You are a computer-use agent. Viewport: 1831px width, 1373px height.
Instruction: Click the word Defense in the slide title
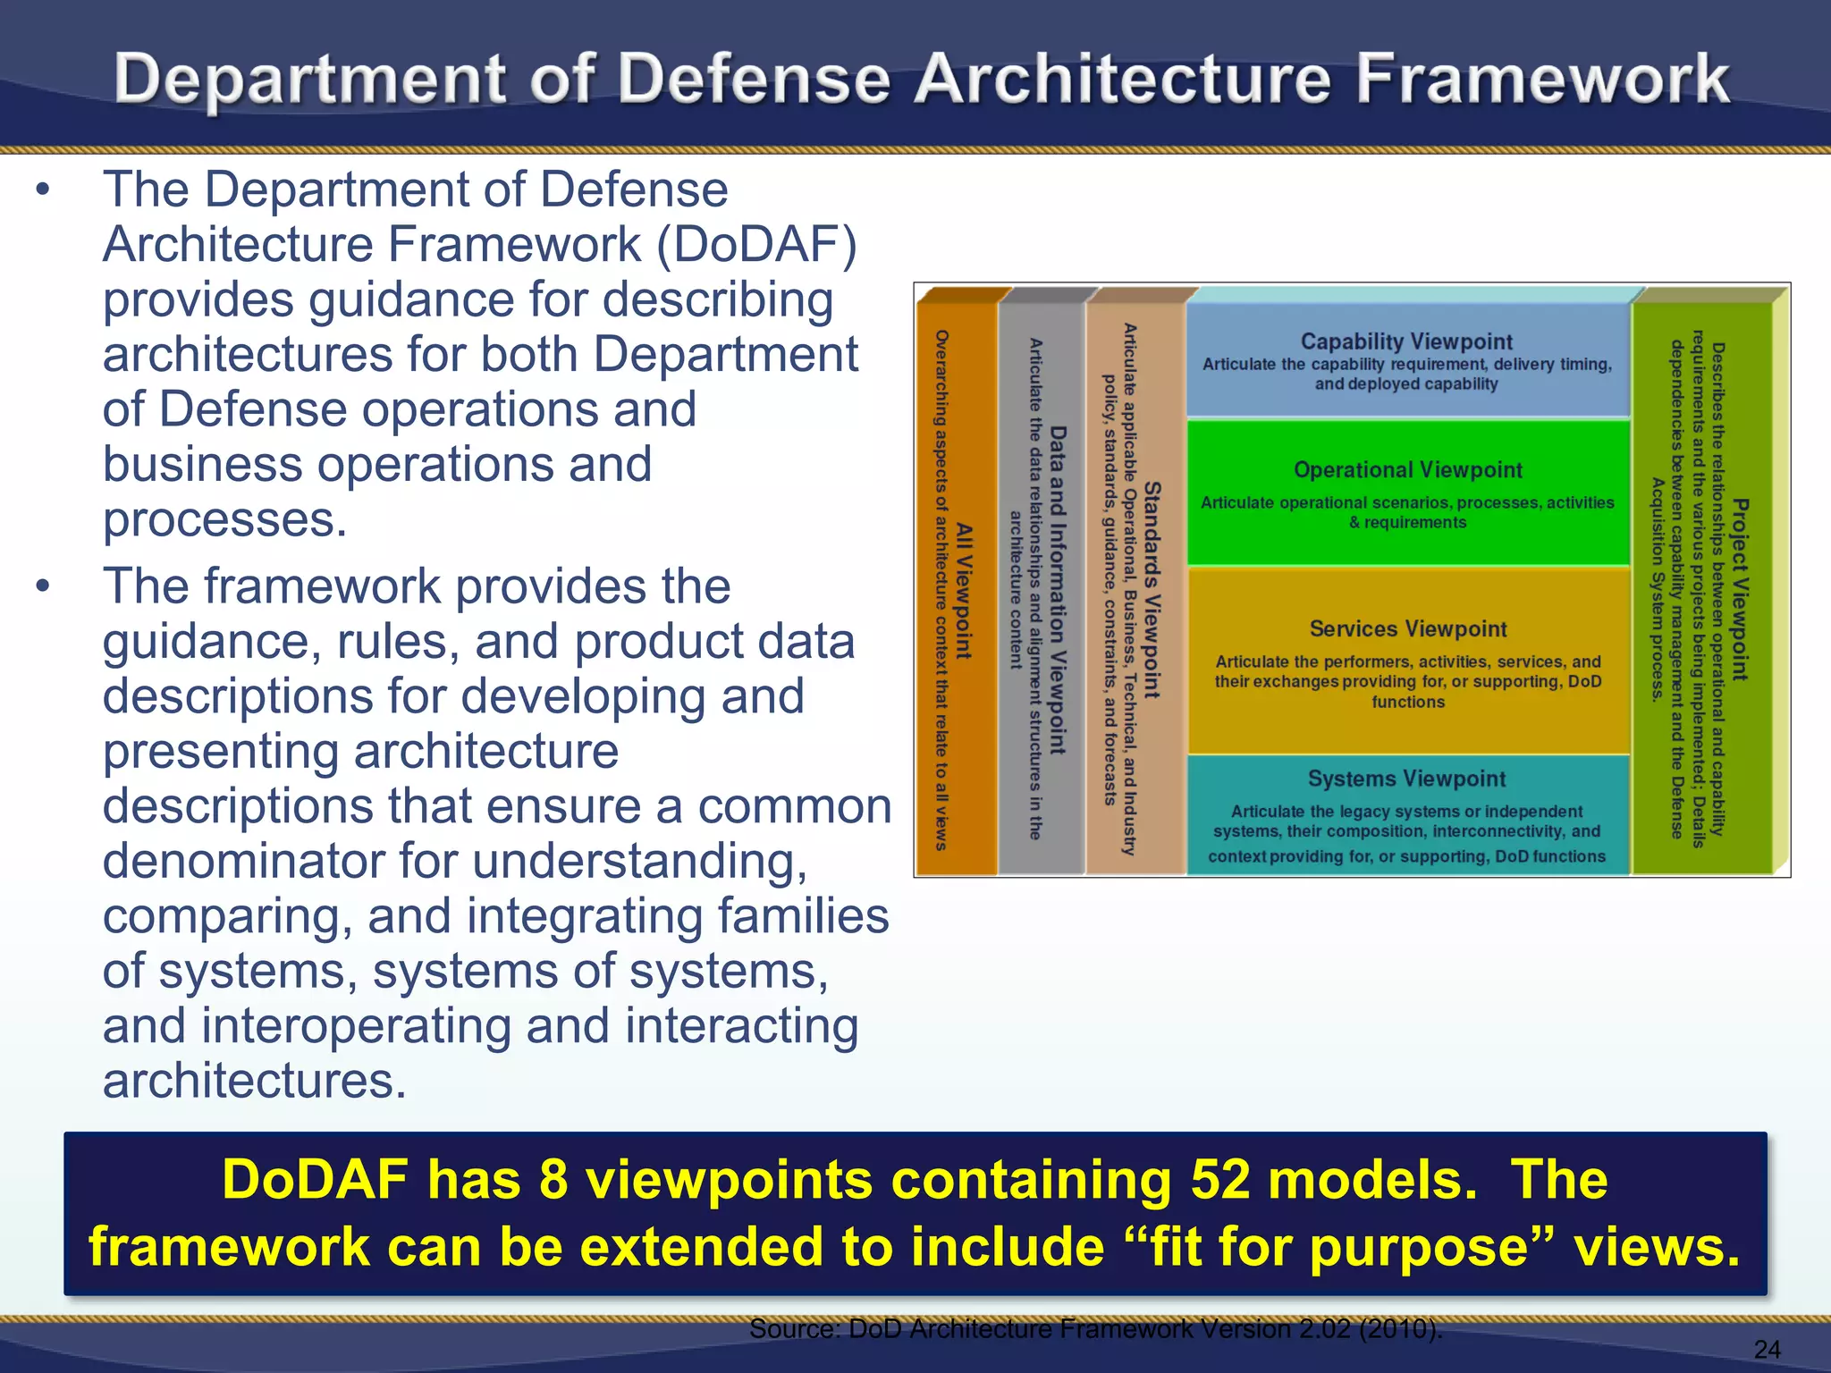pyautogui.click(x=754, y=80)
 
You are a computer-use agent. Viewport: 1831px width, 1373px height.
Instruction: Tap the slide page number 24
pyautogui.click(x=1767, y=1349)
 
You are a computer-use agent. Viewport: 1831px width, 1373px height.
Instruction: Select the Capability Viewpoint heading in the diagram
pyautogui.click(x=1406, y=341)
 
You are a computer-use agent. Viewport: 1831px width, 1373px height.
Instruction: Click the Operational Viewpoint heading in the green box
pyautogui.click(x=1407, y=470)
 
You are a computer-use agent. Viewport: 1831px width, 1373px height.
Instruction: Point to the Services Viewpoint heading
pyautogui.click(x=1408, y=629)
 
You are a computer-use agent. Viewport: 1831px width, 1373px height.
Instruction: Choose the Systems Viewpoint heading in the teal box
pyautogui.click(x=1406, y=779)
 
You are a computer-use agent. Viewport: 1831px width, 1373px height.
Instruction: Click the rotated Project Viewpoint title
pyautogui.click(x=1740, y=590)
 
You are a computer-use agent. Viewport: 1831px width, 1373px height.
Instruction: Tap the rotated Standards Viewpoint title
pyautogui.click(x=1152, y=590)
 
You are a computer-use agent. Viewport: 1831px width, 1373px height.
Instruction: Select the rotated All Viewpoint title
pyautogui.click(x=964, y=591)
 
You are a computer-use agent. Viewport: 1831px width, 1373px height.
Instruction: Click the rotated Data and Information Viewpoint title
pyautogui.click(x=1058, y=590)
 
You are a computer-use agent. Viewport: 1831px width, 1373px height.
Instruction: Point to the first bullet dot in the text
pyautogui.click(x=42, y=190)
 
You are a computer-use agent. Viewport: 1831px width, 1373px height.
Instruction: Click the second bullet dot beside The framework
pyautogui.click(x=42, y=587)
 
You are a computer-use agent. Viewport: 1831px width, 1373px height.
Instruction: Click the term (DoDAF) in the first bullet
pyautogui.click(x=756, y=245)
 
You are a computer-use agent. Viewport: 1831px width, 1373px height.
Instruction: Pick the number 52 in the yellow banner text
pyautogui.click(x=1219, y=1179)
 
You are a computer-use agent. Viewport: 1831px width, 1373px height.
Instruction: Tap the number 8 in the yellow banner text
pyautogui.click(x=553, y=1179)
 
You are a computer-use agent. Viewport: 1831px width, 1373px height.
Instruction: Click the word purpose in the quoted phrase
pyautogui.click(x=1418, y=1247)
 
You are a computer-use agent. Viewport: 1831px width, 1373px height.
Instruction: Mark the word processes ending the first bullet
pyautogui.click(x=224, y=519)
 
